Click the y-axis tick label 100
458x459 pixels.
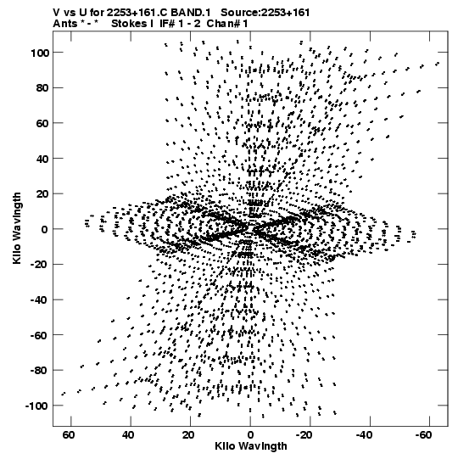coord(39,53)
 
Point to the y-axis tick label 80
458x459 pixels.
coord(42,88)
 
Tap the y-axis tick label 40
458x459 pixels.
coord(42,159)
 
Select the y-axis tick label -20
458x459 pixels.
coord(39,265)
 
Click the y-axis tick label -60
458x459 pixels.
coord(39,335)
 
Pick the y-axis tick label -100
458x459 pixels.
coord(36,406)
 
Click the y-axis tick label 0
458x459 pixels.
coord(45,229)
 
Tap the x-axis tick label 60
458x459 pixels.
coord(68,435)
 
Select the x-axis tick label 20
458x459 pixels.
coord(188,435)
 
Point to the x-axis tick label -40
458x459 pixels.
coord(365,435)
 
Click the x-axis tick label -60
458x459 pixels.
coord(424,435)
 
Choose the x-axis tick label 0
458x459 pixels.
coord(250,435)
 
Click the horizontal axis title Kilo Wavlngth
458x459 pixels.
coord(251,446)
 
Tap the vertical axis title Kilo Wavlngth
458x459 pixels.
coord(17,228)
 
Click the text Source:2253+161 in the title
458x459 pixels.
coord(265,13)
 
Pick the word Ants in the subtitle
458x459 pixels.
coord(65,24)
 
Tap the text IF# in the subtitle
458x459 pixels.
coord(168,24)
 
